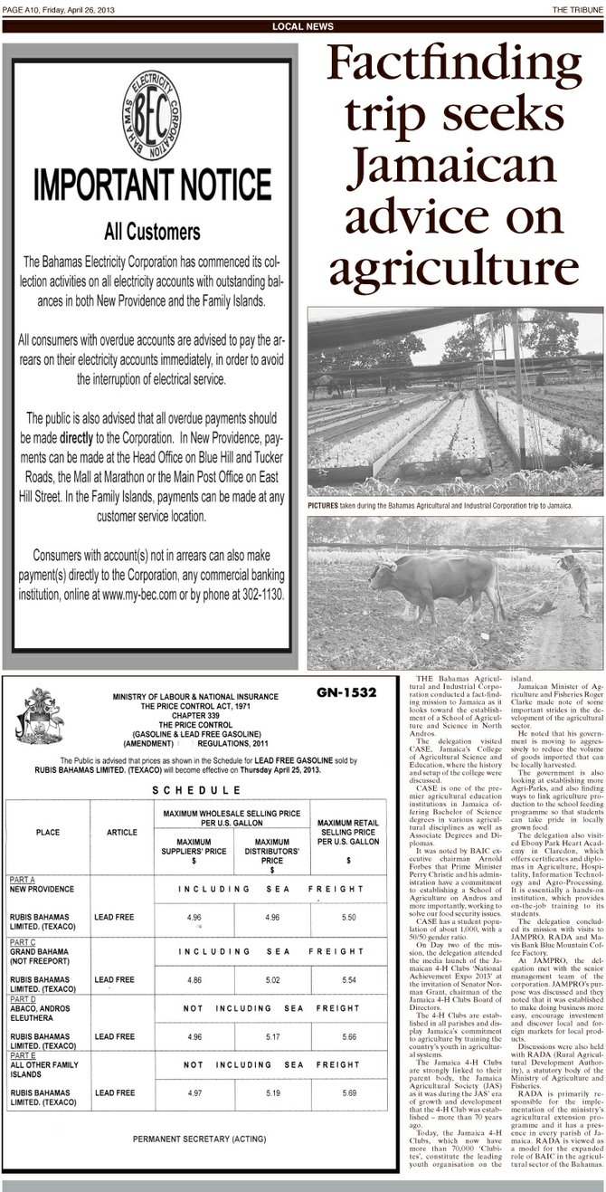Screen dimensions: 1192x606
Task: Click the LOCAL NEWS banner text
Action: point(303,27)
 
